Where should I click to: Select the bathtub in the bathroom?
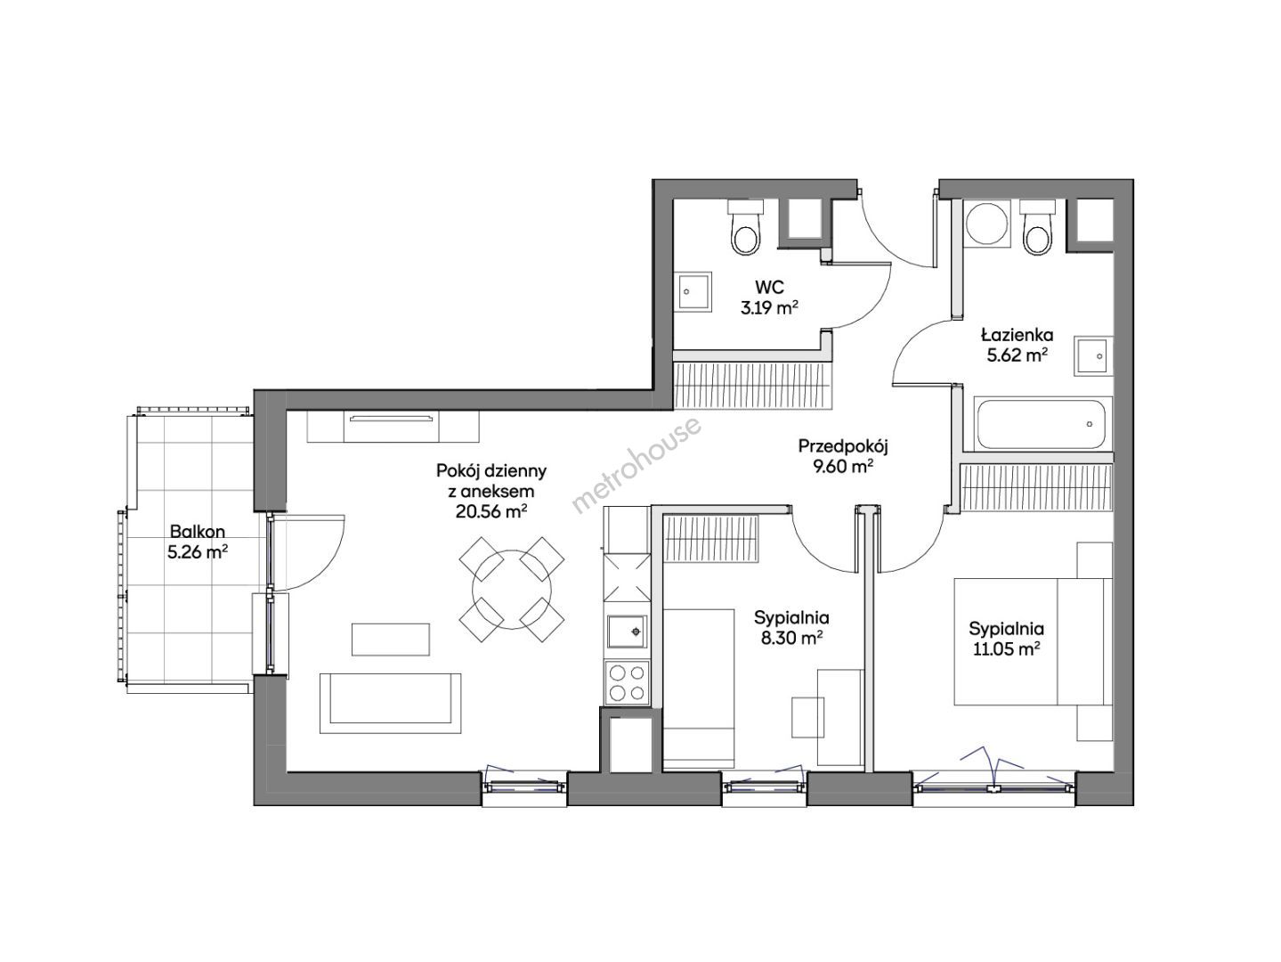[1042, 423]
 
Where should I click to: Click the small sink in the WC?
[693, 292]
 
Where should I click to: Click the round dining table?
[512, 590]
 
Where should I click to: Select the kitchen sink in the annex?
[627, 632]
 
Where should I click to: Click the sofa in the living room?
[391, 704]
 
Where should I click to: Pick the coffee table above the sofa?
[391, 640]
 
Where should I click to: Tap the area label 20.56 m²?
[491, 512]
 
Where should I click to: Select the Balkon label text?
[198, 531]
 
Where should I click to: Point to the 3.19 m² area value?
[769, 307]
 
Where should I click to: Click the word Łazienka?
[1018, 335]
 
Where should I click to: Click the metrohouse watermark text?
[637, 465]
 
